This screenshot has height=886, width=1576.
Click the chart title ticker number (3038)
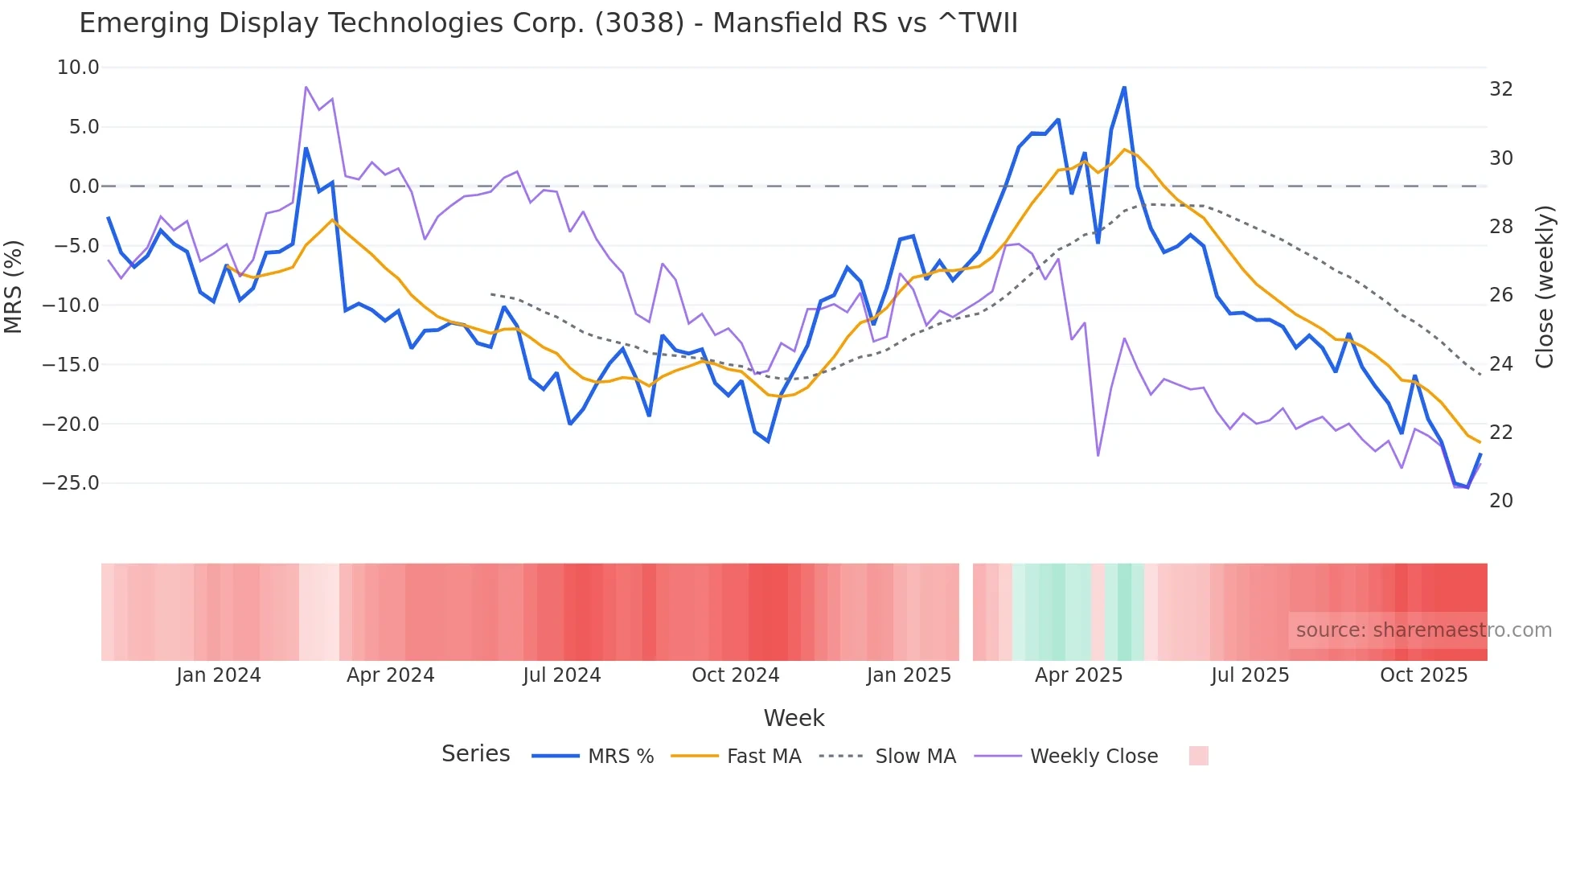[639, 23]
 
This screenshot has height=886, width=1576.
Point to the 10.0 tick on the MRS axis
[78, 68]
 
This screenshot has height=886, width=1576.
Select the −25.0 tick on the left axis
[71, 483]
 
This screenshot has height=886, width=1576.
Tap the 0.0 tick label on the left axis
[84, 187]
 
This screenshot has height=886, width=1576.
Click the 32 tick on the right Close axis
[1500, 89]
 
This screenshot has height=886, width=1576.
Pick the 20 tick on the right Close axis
[1500, 501]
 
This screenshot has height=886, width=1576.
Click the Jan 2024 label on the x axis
[219, 675]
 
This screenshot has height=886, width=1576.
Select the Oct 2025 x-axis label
[1423, 675]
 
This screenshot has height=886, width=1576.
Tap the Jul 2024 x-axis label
[561, 675]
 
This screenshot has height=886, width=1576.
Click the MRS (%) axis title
[14, 287]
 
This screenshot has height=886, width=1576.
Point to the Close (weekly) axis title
[1544, 287]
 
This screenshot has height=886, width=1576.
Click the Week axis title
[794, 718]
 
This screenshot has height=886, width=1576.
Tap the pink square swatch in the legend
[1198, 756]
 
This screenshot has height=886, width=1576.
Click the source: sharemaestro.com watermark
[1423, 630]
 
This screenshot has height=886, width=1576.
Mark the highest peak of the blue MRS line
[1124, 88]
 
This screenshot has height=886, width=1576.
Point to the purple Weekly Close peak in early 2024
[306, 87]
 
